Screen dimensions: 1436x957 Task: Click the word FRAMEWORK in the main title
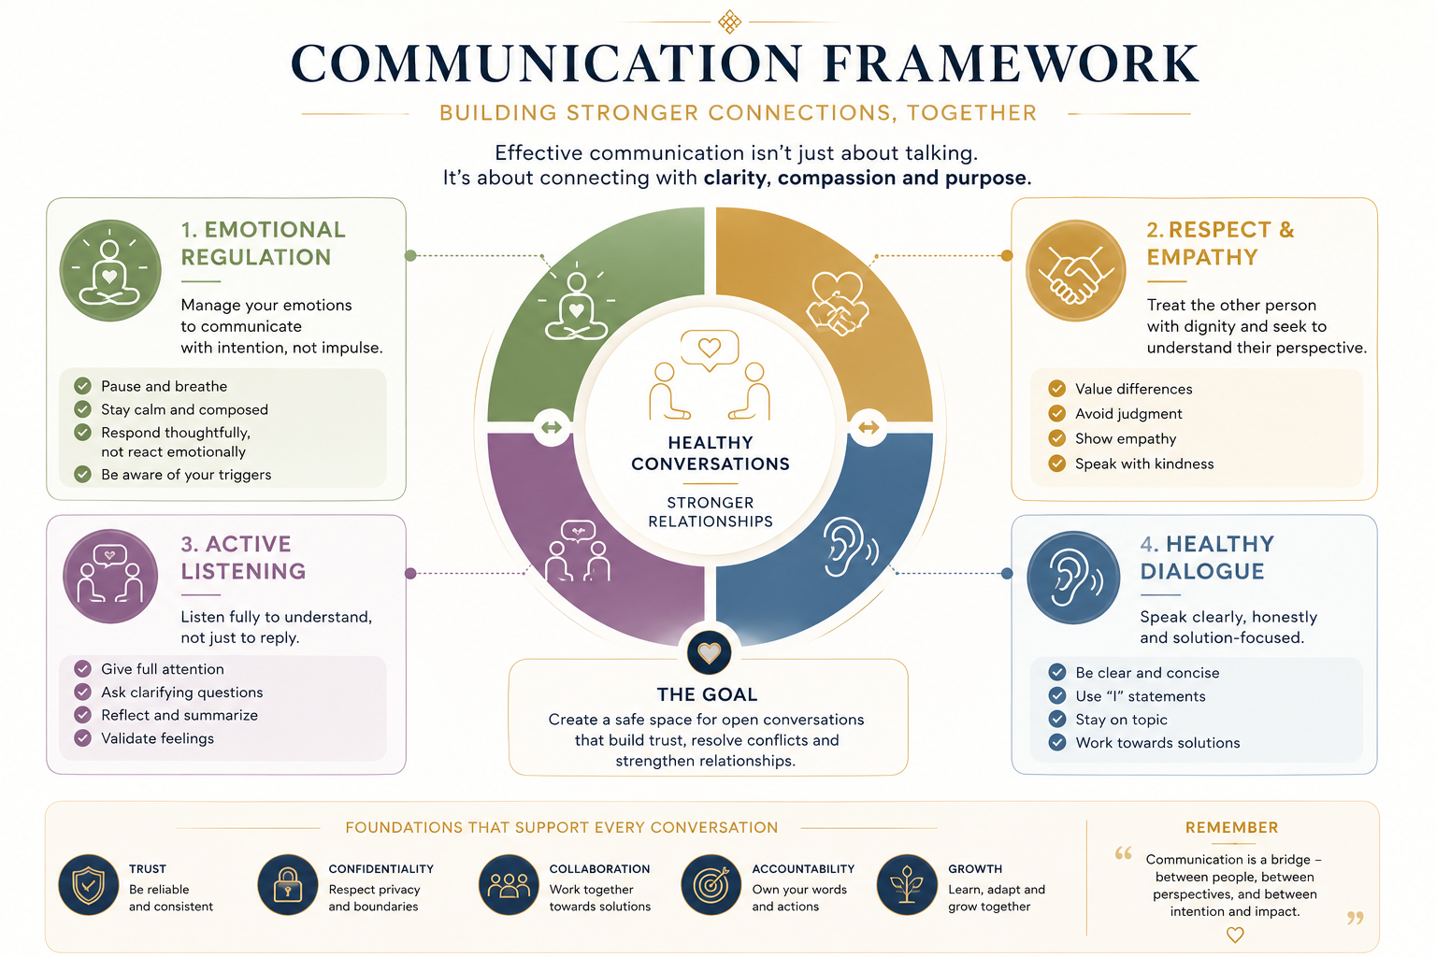(1011, 64)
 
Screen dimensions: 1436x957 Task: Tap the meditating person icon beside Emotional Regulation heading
(109, 270)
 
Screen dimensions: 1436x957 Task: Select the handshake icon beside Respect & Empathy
(1075, 270)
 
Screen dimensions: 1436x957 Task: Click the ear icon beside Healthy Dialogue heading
(1073, 578)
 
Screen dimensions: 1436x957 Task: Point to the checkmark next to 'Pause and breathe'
(82, 386)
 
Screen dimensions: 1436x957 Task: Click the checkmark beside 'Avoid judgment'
(1057, 413)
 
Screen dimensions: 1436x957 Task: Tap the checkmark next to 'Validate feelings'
(82, 738)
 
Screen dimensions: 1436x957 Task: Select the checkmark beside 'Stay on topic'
(1057, 720)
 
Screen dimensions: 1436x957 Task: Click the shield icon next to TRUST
(89, 885)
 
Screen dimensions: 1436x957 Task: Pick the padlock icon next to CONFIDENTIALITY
(288, 885)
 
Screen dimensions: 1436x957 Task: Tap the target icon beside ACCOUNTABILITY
(711, 885)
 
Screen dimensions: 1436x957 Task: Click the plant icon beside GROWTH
(907, 885)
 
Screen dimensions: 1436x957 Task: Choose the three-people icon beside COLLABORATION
(509, 885)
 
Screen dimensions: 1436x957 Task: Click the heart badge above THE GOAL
(709, 652)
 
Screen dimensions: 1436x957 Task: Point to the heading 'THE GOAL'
(707, 694)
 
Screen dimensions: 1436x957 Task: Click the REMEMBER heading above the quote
(1231, 827)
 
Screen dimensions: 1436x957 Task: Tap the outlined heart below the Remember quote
(1235, 935)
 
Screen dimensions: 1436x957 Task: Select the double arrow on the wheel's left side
(552, 427)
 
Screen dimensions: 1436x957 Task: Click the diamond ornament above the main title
(729, 21)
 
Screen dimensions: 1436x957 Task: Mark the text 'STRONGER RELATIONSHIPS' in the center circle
(711, 512)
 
